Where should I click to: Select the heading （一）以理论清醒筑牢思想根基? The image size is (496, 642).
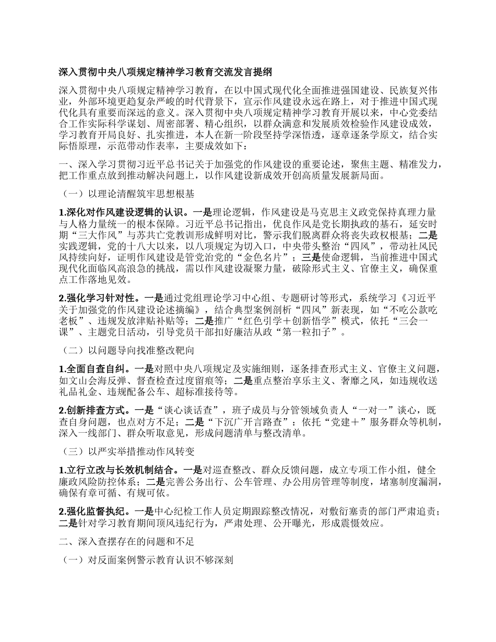point(127,194)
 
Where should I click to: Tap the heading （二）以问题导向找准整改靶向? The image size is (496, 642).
point(127,350)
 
